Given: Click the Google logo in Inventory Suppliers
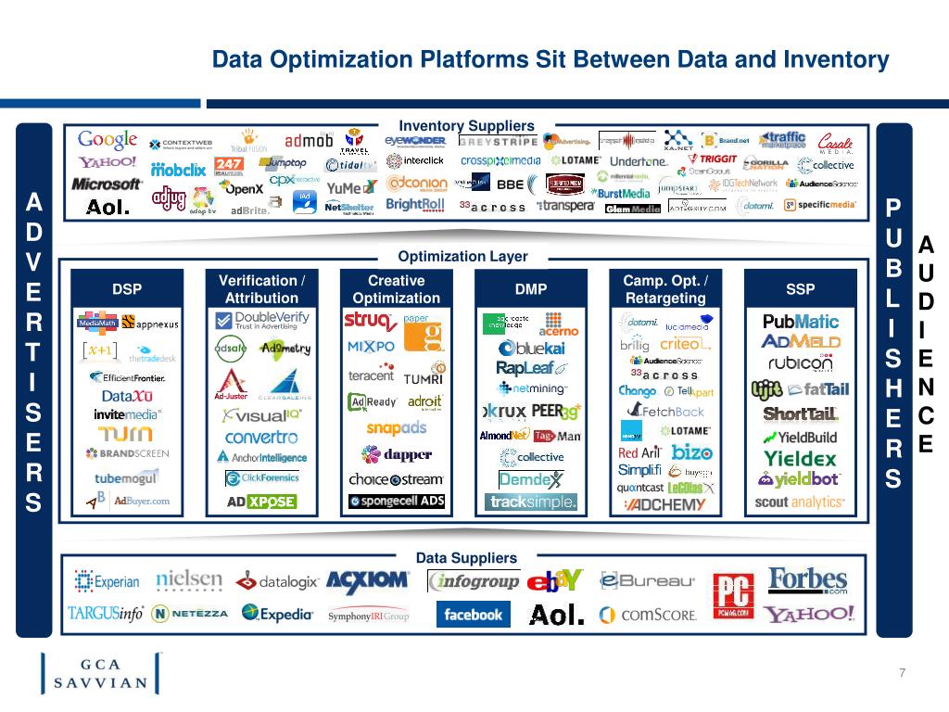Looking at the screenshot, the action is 108,141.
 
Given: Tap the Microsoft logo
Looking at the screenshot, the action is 107,184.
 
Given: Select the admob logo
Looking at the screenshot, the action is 309,141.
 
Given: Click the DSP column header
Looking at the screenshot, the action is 127,289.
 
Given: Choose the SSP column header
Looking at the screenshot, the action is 800,289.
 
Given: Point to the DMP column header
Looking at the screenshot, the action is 531,289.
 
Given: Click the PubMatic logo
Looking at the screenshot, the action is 801,322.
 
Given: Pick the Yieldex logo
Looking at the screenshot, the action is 800,458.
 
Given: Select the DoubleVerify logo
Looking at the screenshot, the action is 262,321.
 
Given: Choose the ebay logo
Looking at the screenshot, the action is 554,581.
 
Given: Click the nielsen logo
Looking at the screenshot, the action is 189,580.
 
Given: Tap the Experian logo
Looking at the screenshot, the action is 108,582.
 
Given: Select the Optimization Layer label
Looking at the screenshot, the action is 462,256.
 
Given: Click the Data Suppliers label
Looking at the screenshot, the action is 466,558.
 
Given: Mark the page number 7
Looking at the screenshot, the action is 902,672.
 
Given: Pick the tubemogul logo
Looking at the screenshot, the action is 126,478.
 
